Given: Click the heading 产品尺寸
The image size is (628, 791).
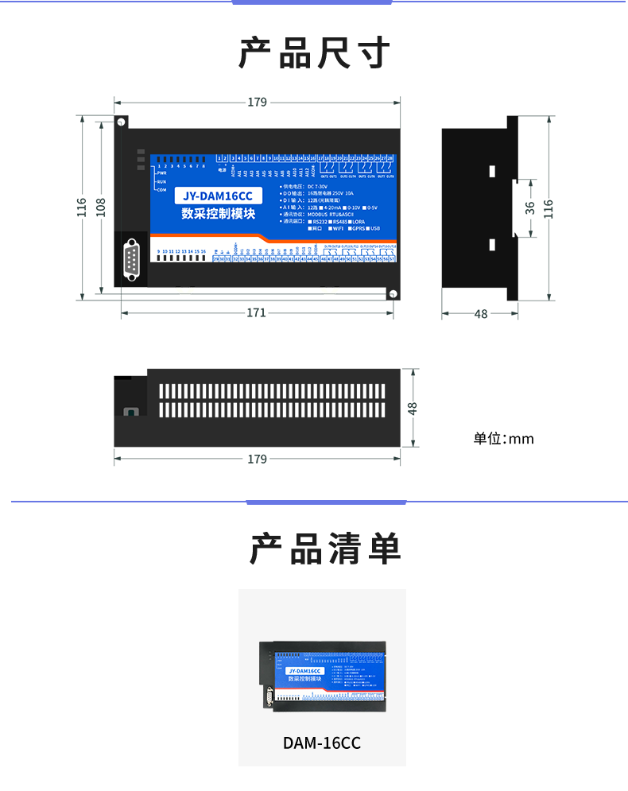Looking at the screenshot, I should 314,53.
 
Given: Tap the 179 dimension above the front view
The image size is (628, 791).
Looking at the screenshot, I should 257,102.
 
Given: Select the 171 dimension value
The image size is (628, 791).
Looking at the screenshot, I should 256,312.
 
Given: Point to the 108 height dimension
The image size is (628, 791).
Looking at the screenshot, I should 100,208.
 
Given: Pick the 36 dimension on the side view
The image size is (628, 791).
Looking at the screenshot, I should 530,207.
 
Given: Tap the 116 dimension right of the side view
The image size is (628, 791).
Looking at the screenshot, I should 548,208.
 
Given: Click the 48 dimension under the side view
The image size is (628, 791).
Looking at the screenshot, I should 480,314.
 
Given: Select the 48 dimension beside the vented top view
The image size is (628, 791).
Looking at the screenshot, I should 412,408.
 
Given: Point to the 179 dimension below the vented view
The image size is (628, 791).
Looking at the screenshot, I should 257,459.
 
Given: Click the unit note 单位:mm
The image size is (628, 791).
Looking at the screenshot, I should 503,439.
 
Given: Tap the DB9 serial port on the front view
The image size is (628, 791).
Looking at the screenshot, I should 132,262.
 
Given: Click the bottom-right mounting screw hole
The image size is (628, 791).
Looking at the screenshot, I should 392,294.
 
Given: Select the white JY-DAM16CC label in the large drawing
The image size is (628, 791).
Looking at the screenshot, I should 218,196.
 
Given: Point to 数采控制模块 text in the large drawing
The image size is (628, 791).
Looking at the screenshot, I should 218,213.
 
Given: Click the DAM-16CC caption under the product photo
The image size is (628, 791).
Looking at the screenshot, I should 322,743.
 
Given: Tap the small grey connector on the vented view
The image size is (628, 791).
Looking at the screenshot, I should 130,412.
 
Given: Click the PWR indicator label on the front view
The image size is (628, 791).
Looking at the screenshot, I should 161,173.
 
